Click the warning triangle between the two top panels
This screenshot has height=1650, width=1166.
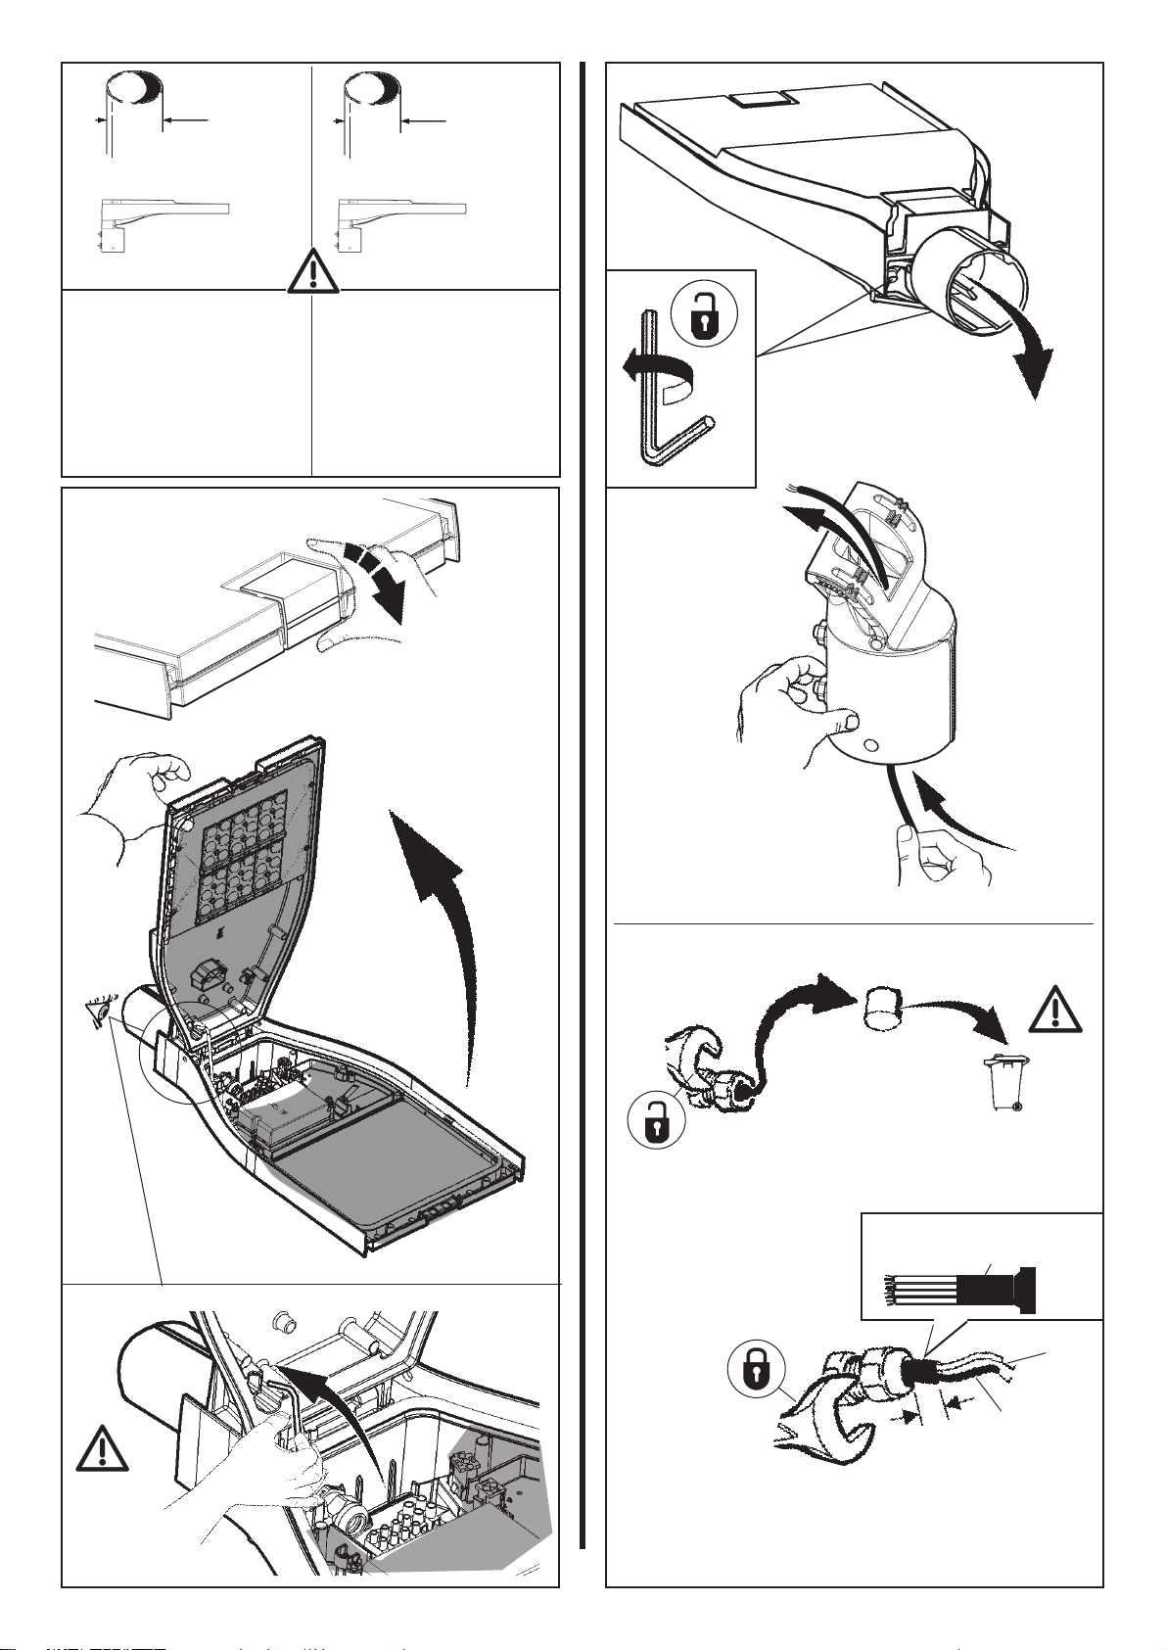tap(311, 271)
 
